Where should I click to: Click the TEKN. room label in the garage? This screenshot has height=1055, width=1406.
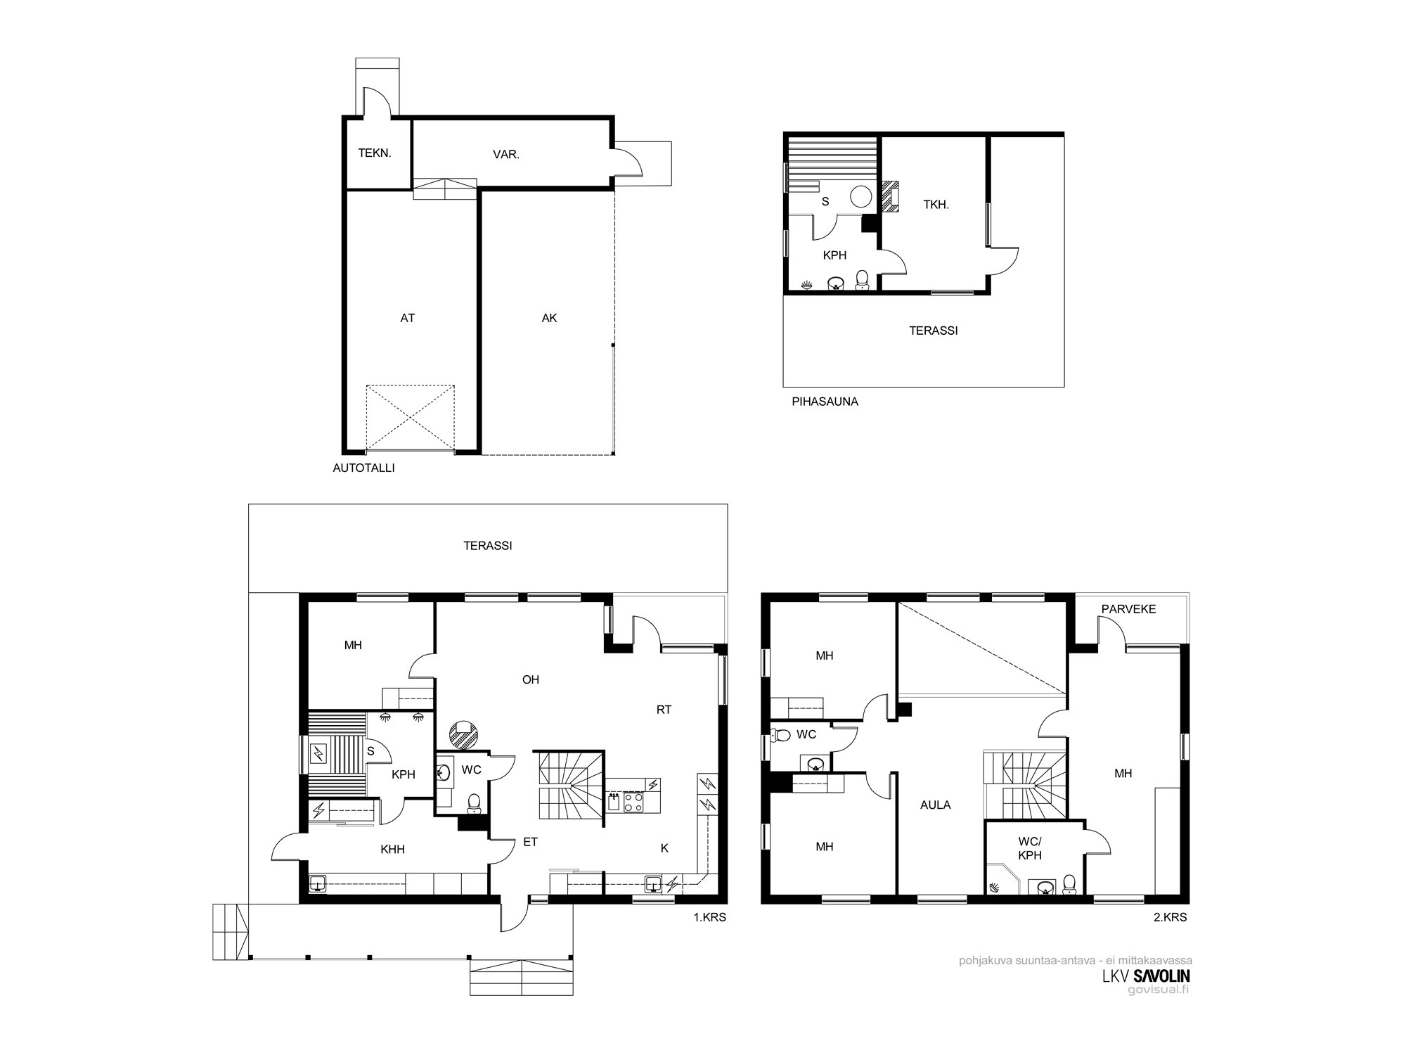tap(375, 153)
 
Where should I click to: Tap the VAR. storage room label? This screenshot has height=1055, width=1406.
tap(506, 155)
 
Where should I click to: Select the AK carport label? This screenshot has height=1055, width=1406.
tap(549, 318)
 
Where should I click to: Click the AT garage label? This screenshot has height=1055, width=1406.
tap(408, 318)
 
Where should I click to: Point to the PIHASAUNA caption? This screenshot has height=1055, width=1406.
tap(825, 402)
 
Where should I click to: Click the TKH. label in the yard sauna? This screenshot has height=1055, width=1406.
tap(936, 205)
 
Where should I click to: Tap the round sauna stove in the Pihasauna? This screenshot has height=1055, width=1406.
tap(861, 196)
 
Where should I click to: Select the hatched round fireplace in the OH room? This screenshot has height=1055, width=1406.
tap(464, 734)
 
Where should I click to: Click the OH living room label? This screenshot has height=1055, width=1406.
tap(531, 679)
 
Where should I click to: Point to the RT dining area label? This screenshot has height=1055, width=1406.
tap(664, 710)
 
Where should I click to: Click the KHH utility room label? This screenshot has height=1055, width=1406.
tap(392, 850)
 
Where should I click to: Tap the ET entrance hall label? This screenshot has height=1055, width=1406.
tap(531, 841)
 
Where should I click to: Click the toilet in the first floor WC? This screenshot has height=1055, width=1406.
tap(474, 802)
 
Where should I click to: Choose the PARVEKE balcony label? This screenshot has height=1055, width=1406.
tap(1128, 609)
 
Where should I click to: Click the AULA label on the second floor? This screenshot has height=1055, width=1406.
tap(935, 805)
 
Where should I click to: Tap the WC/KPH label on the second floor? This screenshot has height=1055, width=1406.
tap(1030, 848)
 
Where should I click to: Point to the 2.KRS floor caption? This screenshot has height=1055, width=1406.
tap(1171, 917)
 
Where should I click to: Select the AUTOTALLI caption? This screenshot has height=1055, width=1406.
tap(363, 468)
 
